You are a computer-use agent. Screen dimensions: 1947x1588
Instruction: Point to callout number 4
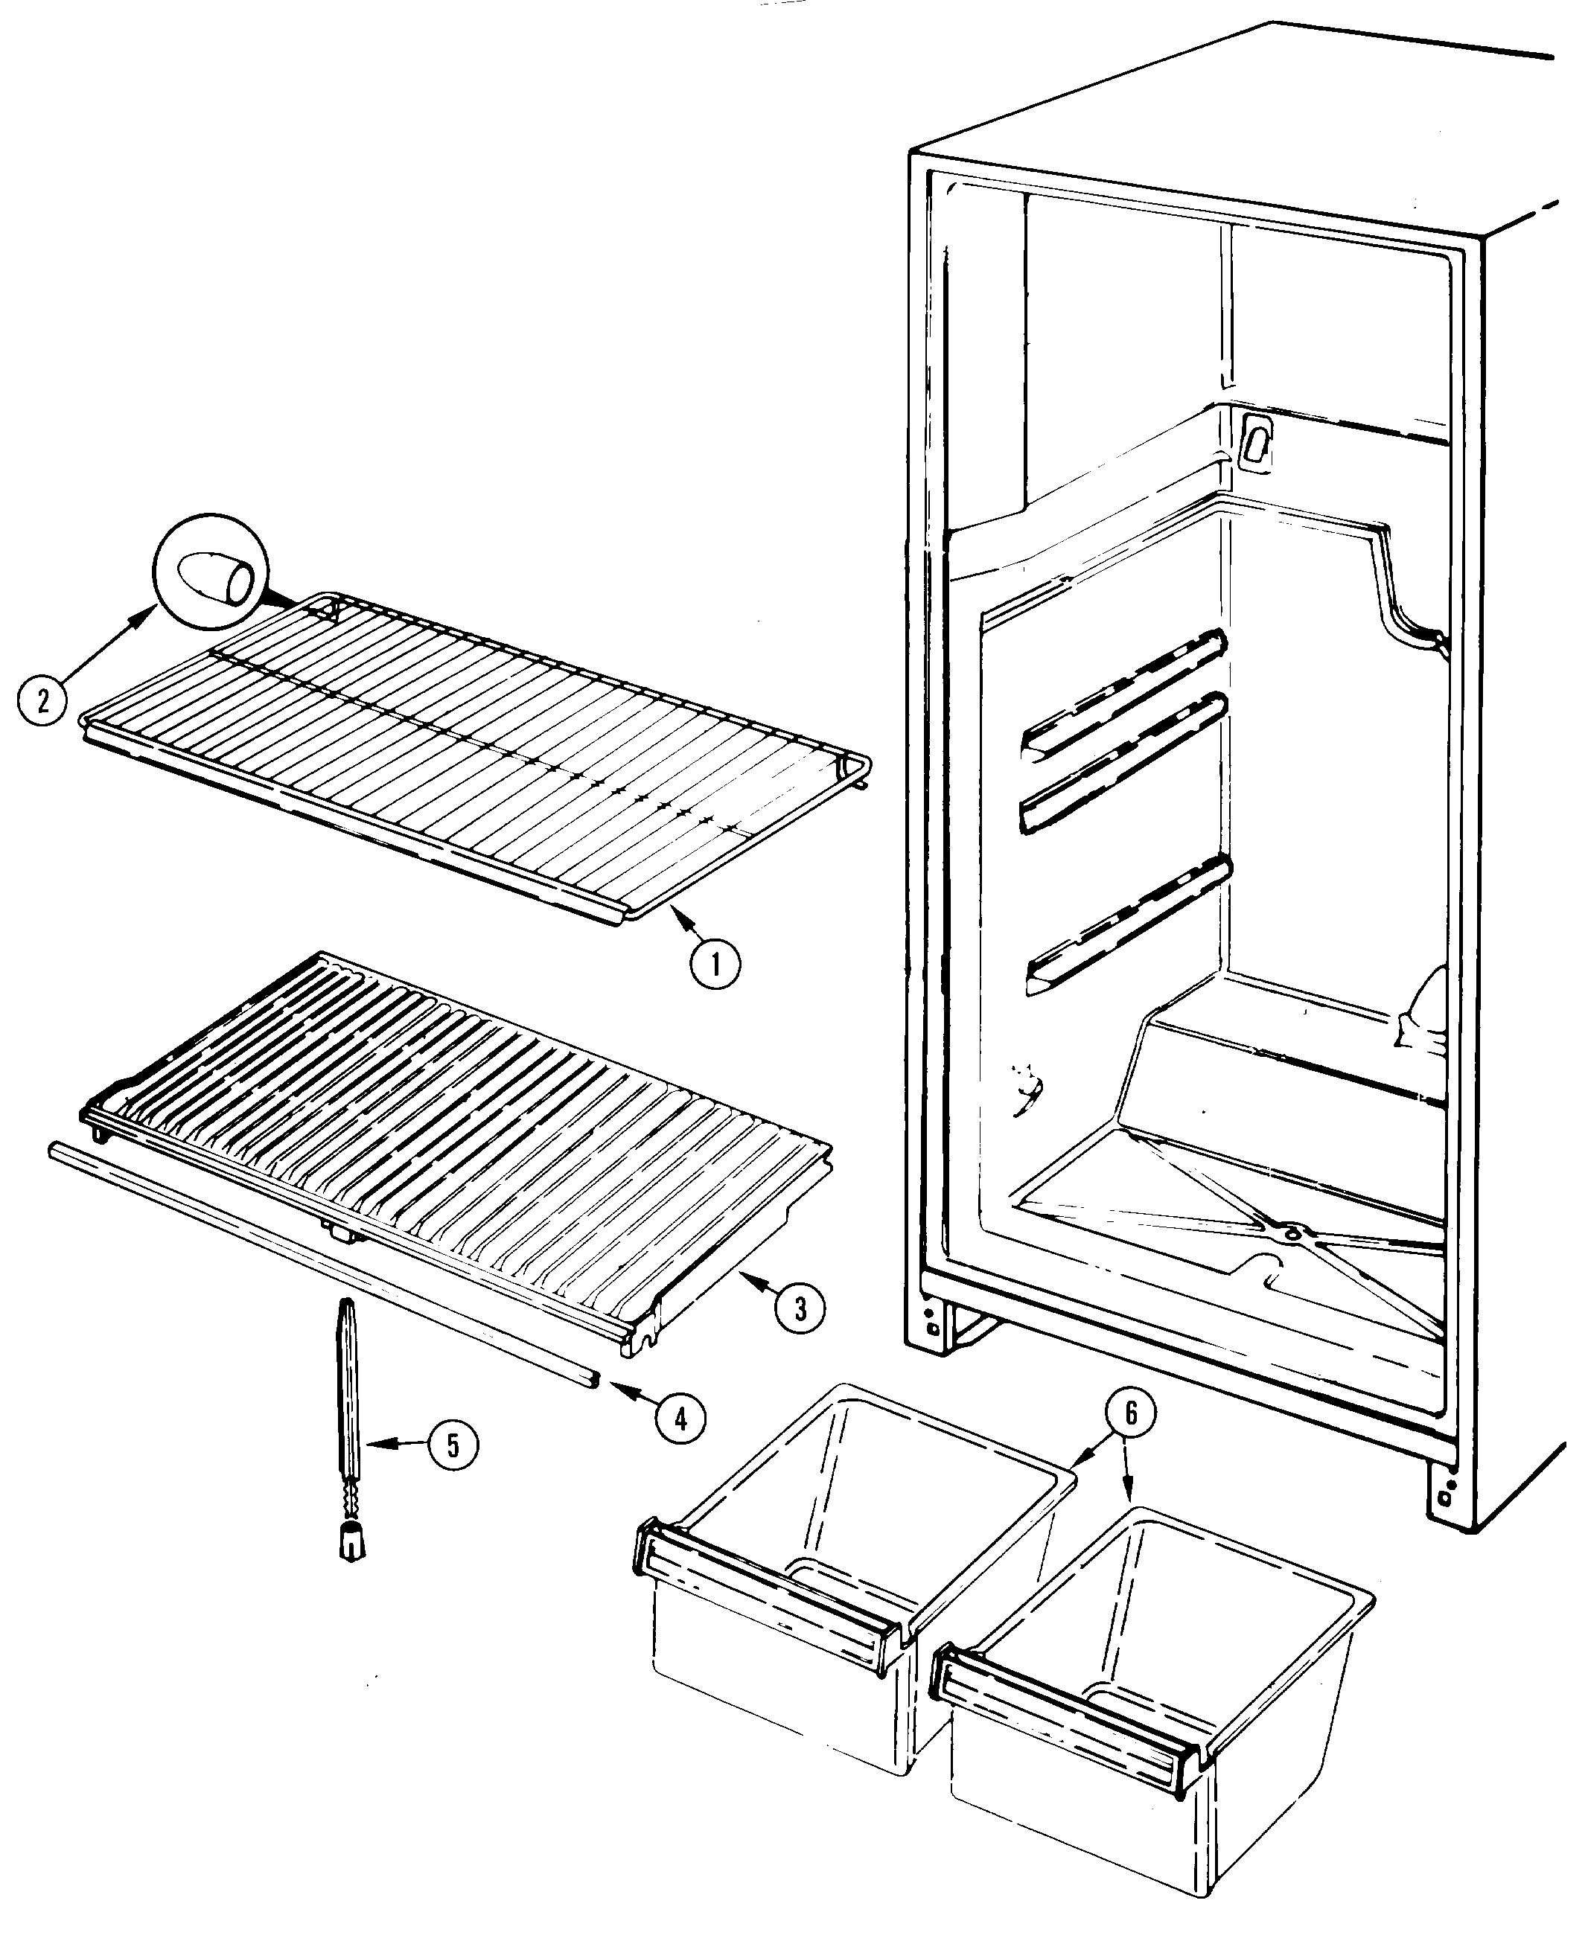click(680, 1418)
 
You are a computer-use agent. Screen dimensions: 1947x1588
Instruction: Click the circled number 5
click(453, 1445)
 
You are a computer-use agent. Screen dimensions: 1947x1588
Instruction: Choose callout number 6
click(1131, 1413)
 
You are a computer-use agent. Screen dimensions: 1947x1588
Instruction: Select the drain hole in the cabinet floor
click(1291, 1234)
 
